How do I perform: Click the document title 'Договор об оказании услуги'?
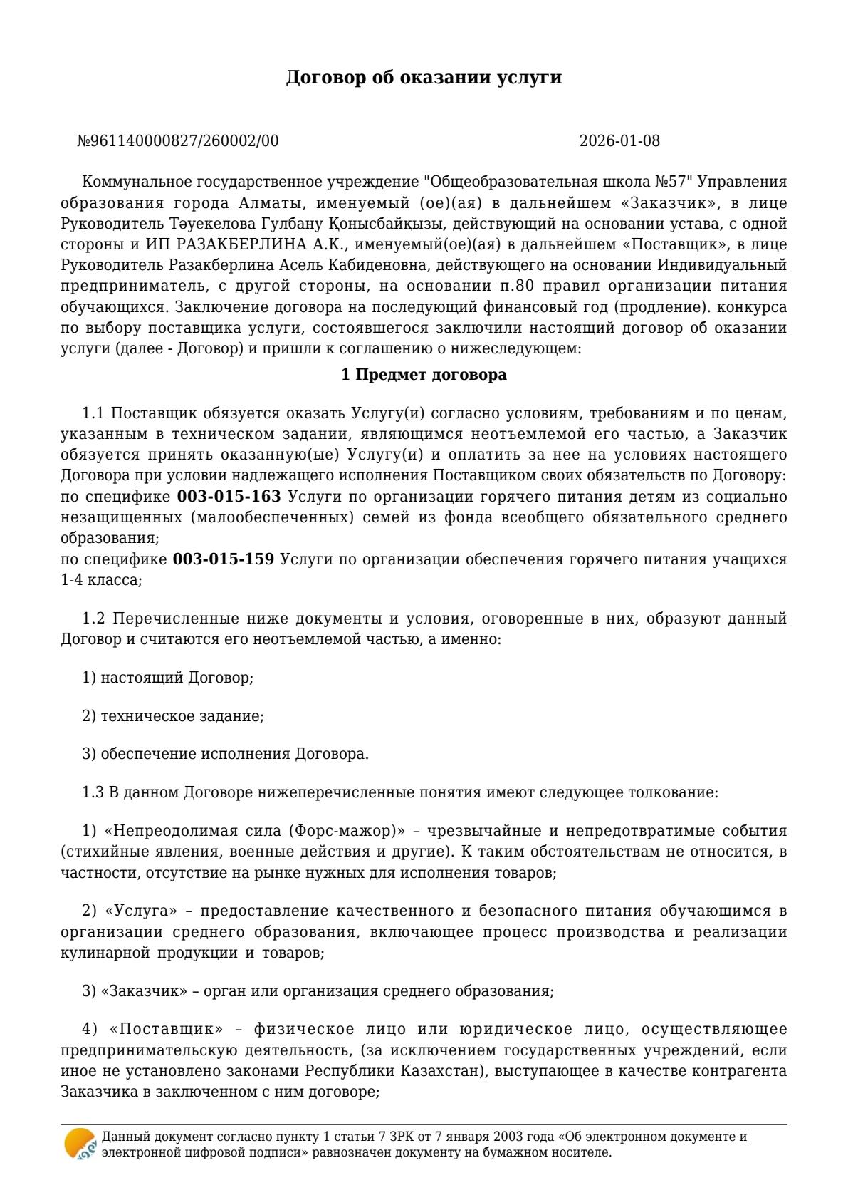point(424,78)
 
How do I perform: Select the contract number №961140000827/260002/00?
point(178,141)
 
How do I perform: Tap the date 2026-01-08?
point(619,141)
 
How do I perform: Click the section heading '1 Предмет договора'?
point(424,374)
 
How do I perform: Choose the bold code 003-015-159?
point(223,559)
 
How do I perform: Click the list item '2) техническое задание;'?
point(173,715)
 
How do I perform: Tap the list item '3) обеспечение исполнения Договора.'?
point(225,754)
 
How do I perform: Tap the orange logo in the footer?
point(78,1143)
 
